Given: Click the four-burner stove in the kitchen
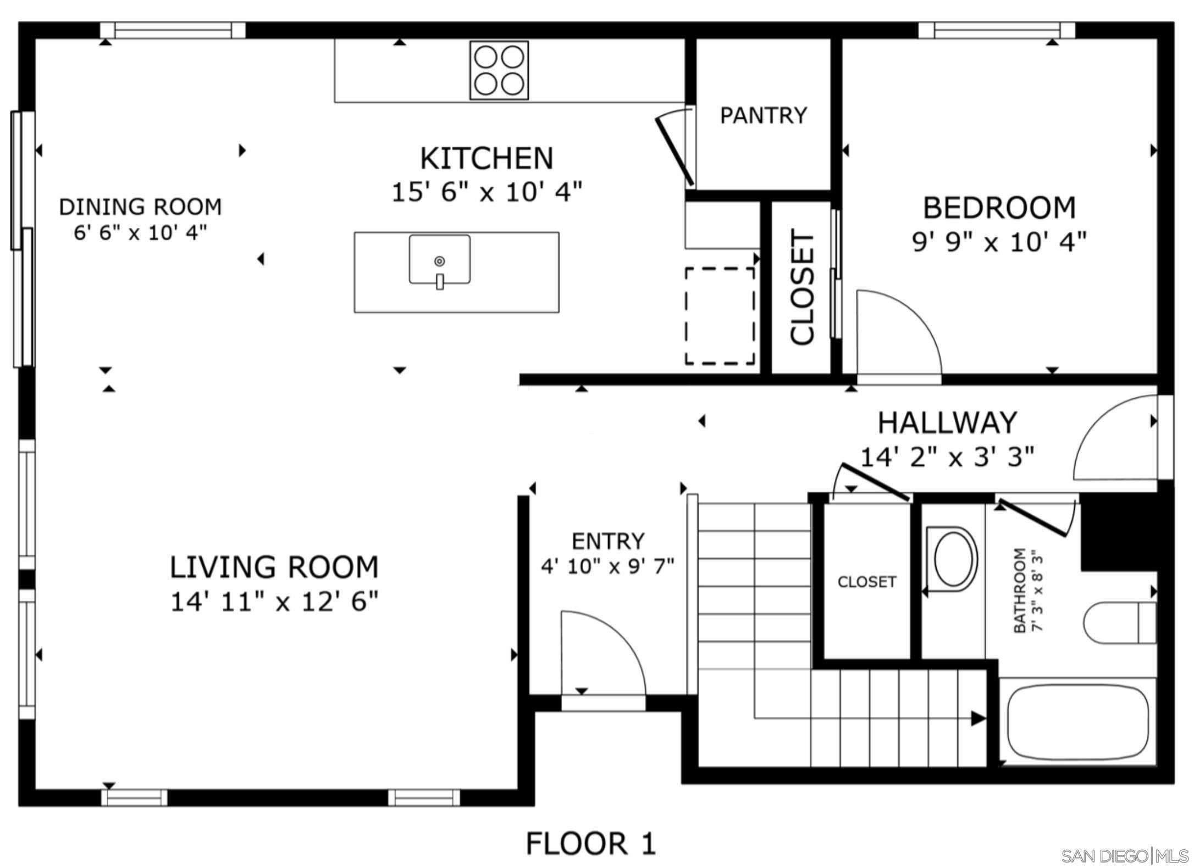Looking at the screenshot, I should pyautogui.click(x=499, y=70).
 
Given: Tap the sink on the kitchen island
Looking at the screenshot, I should pyautogui.click(x=439, y=260).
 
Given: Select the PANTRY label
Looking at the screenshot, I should pyautogui.click(x=764, y=115).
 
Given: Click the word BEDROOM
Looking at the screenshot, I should pyautogui.click(x=999, y=208).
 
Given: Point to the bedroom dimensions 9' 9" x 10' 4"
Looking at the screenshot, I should pyautogui.click(x=999, y=242).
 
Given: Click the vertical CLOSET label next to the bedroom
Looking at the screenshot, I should pyautogui.click(x=802, y=287).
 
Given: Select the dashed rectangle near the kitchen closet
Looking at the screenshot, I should pyautogui.click(x=720, y=316).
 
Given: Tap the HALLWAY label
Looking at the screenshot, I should pyautogui.click(x=947, y=422).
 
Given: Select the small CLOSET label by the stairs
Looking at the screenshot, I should pyautogui.click(x=866, y=582).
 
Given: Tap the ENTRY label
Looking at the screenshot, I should pyautogui.click(x=608, y=541).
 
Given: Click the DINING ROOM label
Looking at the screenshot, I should pyautogui.click(x=140, y=207).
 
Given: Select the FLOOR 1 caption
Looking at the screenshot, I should pyautogui.click(x=591, y=843).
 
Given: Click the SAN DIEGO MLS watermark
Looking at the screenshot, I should pyautogui.click(x=1124, y=856).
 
